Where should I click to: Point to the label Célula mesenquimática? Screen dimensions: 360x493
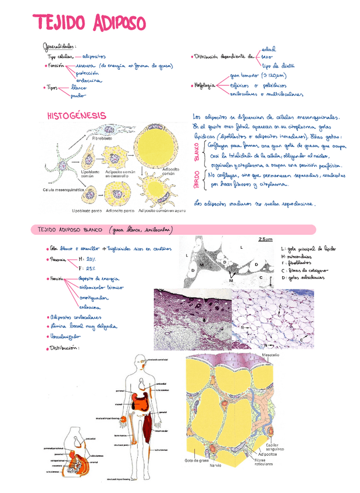pyautogui.click(x=64, y=190)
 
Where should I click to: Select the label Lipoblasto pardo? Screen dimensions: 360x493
pyautogui.click(x=87, y=210)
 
